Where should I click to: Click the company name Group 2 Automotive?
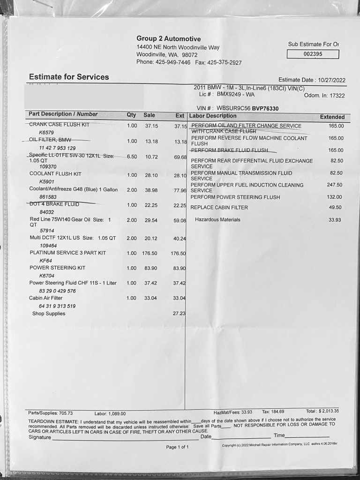168,39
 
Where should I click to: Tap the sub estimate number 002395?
313,54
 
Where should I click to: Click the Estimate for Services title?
69,77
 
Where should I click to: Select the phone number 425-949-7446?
173,63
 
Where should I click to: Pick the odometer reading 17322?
337,96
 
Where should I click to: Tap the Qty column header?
131,115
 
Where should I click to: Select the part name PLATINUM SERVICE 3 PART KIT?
67,253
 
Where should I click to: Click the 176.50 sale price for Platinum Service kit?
150,253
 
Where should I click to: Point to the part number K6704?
46,276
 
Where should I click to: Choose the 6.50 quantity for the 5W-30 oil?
132,157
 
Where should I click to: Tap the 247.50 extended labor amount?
335,185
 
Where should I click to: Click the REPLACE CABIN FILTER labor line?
219,208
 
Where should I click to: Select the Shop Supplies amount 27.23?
179,313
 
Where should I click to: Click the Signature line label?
40,437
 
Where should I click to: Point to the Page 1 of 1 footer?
177,447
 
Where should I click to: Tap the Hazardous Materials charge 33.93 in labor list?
335,219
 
